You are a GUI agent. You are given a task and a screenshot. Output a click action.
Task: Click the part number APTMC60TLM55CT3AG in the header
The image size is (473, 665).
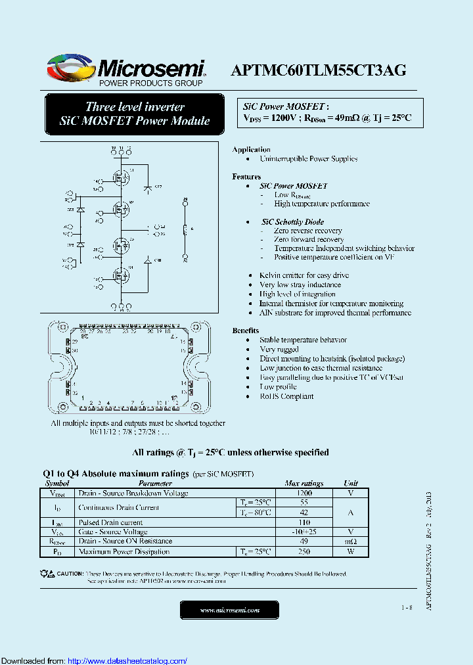319,71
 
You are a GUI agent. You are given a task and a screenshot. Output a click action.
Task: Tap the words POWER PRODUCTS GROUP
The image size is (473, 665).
150,83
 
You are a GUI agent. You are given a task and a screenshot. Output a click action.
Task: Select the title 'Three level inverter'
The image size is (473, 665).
135,106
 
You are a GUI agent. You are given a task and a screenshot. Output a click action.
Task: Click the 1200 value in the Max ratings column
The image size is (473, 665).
304,493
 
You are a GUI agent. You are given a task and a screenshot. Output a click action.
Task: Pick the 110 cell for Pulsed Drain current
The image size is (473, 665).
304,522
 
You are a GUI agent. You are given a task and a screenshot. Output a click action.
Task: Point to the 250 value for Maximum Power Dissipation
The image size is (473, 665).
304,551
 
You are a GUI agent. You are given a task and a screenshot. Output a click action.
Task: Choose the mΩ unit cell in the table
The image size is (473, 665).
351,541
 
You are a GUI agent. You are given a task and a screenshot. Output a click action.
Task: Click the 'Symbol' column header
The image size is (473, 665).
57,483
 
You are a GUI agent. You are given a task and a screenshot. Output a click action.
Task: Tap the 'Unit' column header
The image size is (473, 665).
351,483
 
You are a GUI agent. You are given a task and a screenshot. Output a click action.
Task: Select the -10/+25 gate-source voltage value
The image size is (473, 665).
304,532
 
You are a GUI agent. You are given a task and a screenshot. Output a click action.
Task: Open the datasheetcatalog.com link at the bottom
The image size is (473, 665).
127,660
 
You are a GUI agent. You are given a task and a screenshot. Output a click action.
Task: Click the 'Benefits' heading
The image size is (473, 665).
246,331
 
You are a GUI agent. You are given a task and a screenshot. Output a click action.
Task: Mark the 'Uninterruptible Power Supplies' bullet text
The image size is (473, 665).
308,158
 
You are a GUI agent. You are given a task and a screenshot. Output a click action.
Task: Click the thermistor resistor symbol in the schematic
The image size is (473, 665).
185,229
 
